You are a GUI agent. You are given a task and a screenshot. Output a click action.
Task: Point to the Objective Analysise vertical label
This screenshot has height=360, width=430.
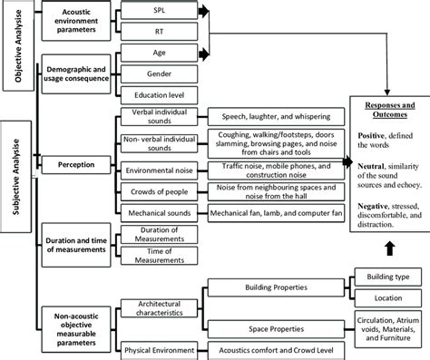pyautogui.click(x=15, y=44)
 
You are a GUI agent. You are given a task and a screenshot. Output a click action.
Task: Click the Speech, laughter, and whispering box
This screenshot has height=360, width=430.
pyautogui.click(x=271, y=117)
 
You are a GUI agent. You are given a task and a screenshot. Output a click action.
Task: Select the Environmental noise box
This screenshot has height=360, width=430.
pyautogui.click(x=161, y=169)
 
